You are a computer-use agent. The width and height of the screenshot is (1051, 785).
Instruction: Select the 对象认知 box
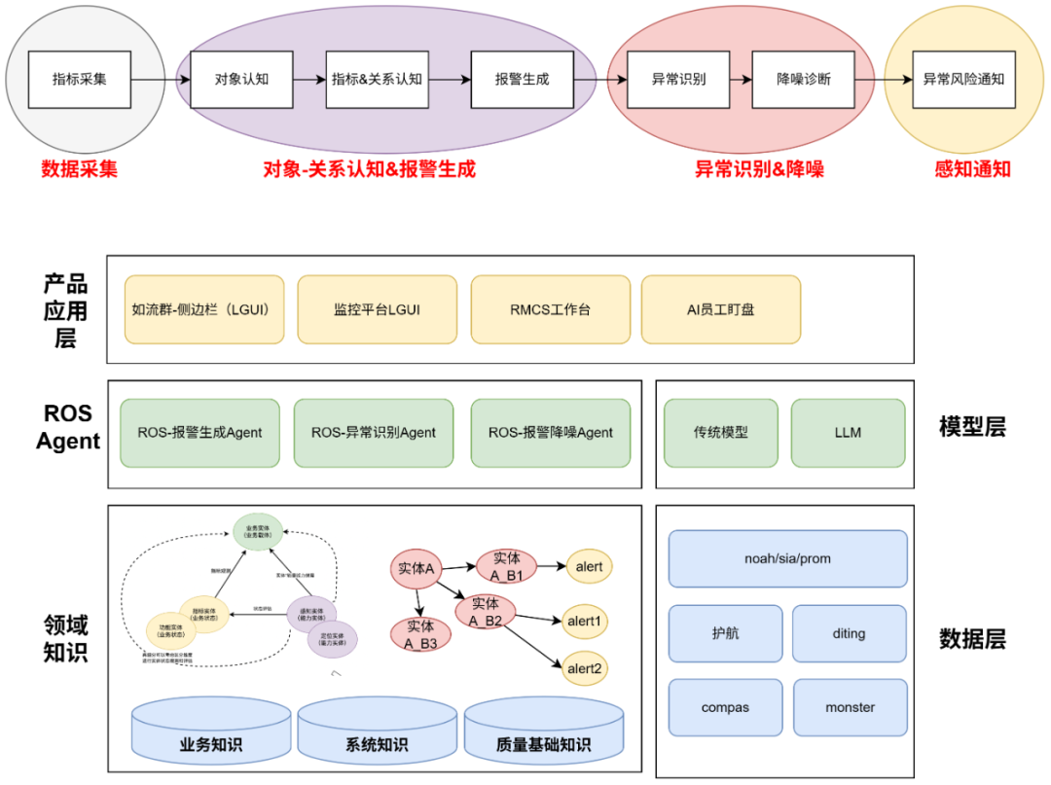click(x=242, y=79)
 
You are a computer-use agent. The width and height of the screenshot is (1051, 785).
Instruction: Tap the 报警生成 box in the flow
click(x=522, y=79)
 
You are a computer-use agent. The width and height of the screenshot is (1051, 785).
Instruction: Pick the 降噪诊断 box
click(x=803, y=79)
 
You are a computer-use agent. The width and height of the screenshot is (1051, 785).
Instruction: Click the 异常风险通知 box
click(x=962, y=79)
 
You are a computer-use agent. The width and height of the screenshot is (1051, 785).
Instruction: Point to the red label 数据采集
click(x=79, y=168)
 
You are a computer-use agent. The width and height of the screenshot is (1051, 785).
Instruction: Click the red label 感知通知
click(x=972, y=168)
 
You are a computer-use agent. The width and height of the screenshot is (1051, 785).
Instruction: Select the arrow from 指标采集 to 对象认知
click(x=160, y=80)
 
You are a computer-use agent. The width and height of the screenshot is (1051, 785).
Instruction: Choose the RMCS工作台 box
click(x=550, y=309)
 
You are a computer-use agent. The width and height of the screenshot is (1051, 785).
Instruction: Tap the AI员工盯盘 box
click(x=720, y=309)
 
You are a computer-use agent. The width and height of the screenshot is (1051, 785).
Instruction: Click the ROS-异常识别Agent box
click(x=374, y=432)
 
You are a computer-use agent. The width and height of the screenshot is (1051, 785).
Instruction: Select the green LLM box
click(x=848, y=432)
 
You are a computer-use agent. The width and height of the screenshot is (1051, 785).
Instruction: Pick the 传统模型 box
click(x=721, y=432)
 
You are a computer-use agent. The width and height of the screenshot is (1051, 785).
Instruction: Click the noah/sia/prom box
click(x=787, y=558)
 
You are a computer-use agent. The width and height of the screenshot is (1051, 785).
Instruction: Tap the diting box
click(x=849, y=633)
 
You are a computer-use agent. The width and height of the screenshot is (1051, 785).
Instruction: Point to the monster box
click(x=850, y=707)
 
